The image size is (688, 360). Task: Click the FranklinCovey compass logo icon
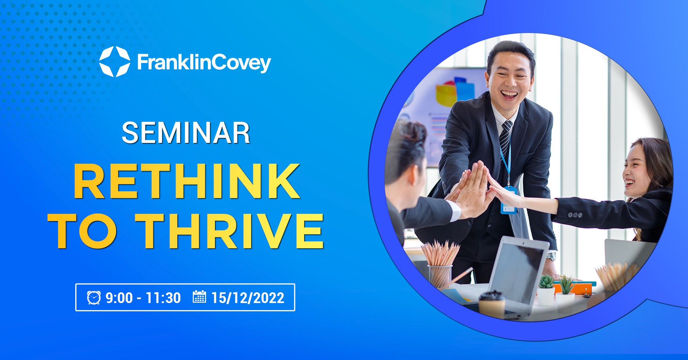pyautogui.click(x=115, y=62)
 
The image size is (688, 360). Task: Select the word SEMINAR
pyautogui.click(x=186, y=133)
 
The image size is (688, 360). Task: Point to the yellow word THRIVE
pyautogui.click(x=230, y=231)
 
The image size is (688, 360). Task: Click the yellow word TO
pyautogui.click(x=82, y=231)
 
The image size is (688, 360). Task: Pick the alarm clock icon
pyautogui.click(x=94, y=298)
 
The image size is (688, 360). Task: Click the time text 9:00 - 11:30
pyautogui.click(x=143, y=298)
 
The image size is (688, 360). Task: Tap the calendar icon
pyautogui.click(x=199, y=297)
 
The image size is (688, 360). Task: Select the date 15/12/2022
pyautogui.click(x=248, y=298)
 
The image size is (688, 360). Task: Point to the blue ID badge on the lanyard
pyautogui.click(x=508, y=201)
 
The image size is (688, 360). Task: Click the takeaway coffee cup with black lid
pyautogui.click(x=492, y=304)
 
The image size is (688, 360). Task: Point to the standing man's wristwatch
pyautogui.click(x=551, y=256)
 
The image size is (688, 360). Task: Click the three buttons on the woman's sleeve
pyautogui.click(x=575, y=215)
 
